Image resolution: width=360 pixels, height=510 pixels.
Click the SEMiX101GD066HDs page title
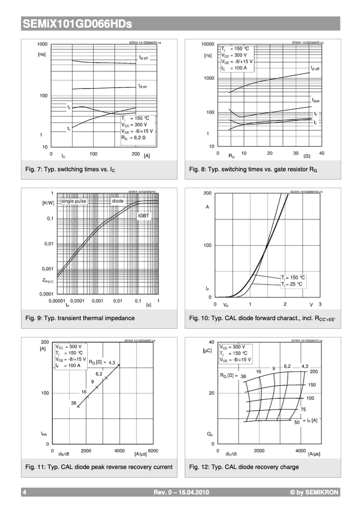(x=77, y=24)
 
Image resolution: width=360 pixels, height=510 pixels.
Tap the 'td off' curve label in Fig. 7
(x=143, y=57)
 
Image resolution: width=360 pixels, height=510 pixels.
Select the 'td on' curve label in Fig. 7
(x=143, y=86)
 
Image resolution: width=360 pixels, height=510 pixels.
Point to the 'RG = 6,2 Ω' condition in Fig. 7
(x=133, y=139)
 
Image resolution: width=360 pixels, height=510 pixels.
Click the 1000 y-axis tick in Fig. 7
(x=42, y=44)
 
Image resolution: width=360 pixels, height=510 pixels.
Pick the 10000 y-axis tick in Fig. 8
(x=208, y=44)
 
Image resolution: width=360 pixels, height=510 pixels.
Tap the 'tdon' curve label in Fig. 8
(x=316, y=101)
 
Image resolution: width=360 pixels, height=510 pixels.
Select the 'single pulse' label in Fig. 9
(x=74, y=201)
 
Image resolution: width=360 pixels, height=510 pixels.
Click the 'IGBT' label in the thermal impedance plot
(x=144, y=215)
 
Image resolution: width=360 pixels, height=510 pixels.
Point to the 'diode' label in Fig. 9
(x=118, y=201)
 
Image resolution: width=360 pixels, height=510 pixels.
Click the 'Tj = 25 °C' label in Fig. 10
(x=294, y=284)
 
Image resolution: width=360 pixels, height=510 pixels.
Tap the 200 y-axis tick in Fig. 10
(x=207, y=193)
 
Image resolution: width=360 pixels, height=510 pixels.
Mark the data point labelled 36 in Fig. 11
(x=78, y=406)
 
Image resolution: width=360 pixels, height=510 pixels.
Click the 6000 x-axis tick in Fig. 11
(x=153, y=451)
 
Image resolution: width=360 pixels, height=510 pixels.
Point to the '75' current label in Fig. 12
(x=303, y=409)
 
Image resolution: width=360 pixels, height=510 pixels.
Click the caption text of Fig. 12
(x=244, y=467)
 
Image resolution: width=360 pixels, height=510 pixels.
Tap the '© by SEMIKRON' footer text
(x=315, y=492)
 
